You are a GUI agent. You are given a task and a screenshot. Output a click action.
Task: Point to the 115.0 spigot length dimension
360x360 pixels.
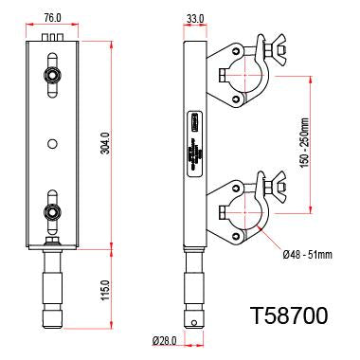coord(106,284)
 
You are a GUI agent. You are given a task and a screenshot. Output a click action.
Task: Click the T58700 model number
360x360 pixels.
coord(289,315)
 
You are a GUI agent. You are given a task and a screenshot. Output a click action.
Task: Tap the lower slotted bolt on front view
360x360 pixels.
coord(53,210)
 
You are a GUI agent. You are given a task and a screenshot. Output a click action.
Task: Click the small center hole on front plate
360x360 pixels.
coord(53,143)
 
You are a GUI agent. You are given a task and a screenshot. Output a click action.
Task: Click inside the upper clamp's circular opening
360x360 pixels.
coord(240,76)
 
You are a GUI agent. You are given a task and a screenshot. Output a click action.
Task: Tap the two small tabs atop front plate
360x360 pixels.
coord(53,37)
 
